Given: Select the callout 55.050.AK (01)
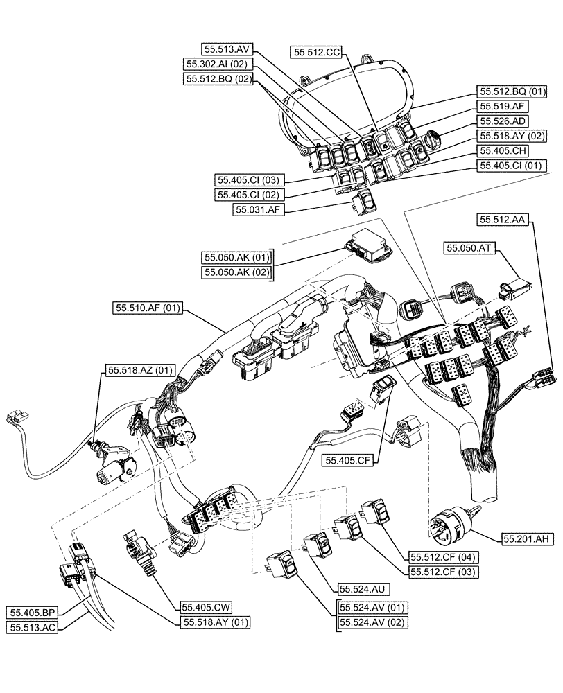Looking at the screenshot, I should click(235, 258).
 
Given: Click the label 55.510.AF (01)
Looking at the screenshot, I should click(145, 306).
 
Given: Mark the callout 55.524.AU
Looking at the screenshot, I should click(361, 588).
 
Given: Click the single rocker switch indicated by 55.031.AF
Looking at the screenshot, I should click(363, 204).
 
